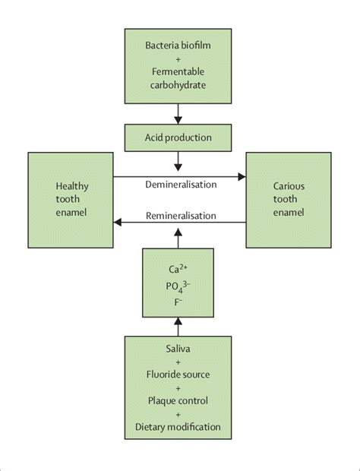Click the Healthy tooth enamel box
71,199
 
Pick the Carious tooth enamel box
288,199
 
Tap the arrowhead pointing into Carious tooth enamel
242,177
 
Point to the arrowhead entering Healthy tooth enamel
118,223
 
